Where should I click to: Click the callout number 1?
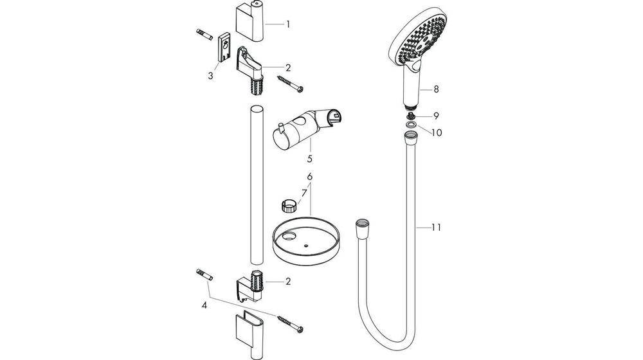[x=287, y=24]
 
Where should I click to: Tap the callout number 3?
[x=210, y=75]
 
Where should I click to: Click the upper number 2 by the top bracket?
[x=288, y=67]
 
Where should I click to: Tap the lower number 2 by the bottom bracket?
[x=287, y=281]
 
